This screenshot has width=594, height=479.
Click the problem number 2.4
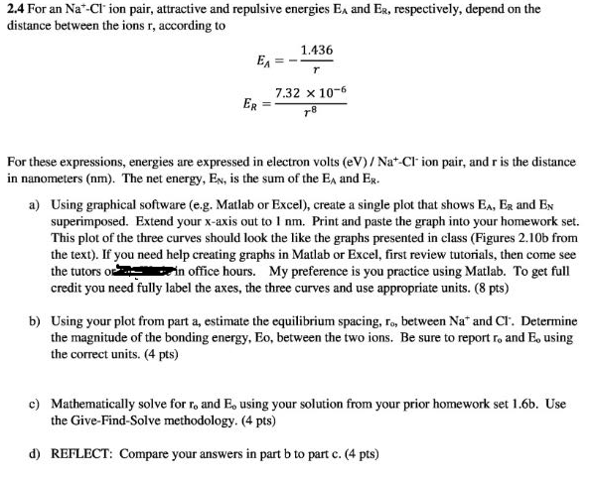point(14,9)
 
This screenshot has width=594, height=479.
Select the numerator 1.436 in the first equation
point(316,50)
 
